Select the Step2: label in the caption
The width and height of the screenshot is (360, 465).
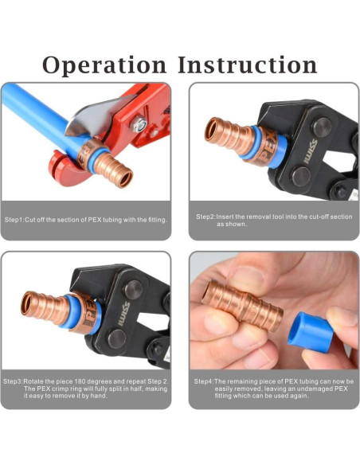(206, 216)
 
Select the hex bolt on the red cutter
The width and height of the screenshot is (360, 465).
(137, 123)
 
